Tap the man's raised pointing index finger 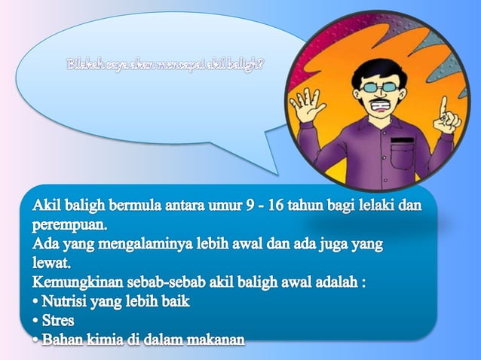coord(445,105)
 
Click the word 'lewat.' coord(51,264)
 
